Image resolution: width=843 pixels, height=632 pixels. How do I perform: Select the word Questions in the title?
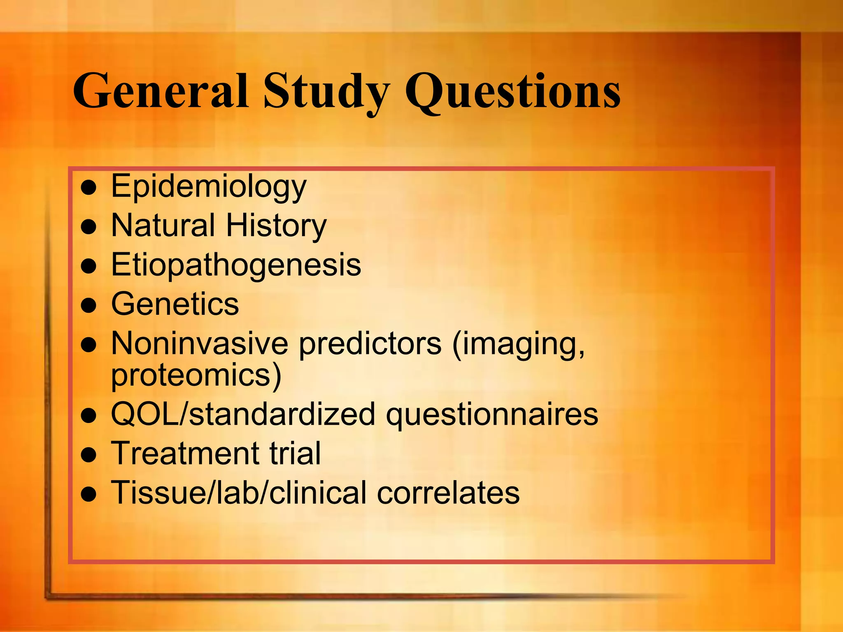(512, 91)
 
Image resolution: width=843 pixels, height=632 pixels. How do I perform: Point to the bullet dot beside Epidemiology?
(88, 188)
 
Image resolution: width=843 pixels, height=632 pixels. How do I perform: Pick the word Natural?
(163, 225)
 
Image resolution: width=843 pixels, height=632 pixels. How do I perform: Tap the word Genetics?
(175, 304)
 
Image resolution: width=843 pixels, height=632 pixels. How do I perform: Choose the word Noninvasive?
(200, 343)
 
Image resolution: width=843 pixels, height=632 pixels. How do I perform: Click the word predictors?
(370, 344)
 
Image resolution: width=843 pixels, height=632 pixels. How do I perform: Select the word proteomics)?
(196, 376)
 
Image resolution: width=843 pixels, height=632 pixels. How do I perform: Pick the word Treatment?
(185, 453)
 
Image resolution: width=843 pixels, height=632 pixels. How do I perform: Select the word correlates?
(448, 493)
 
